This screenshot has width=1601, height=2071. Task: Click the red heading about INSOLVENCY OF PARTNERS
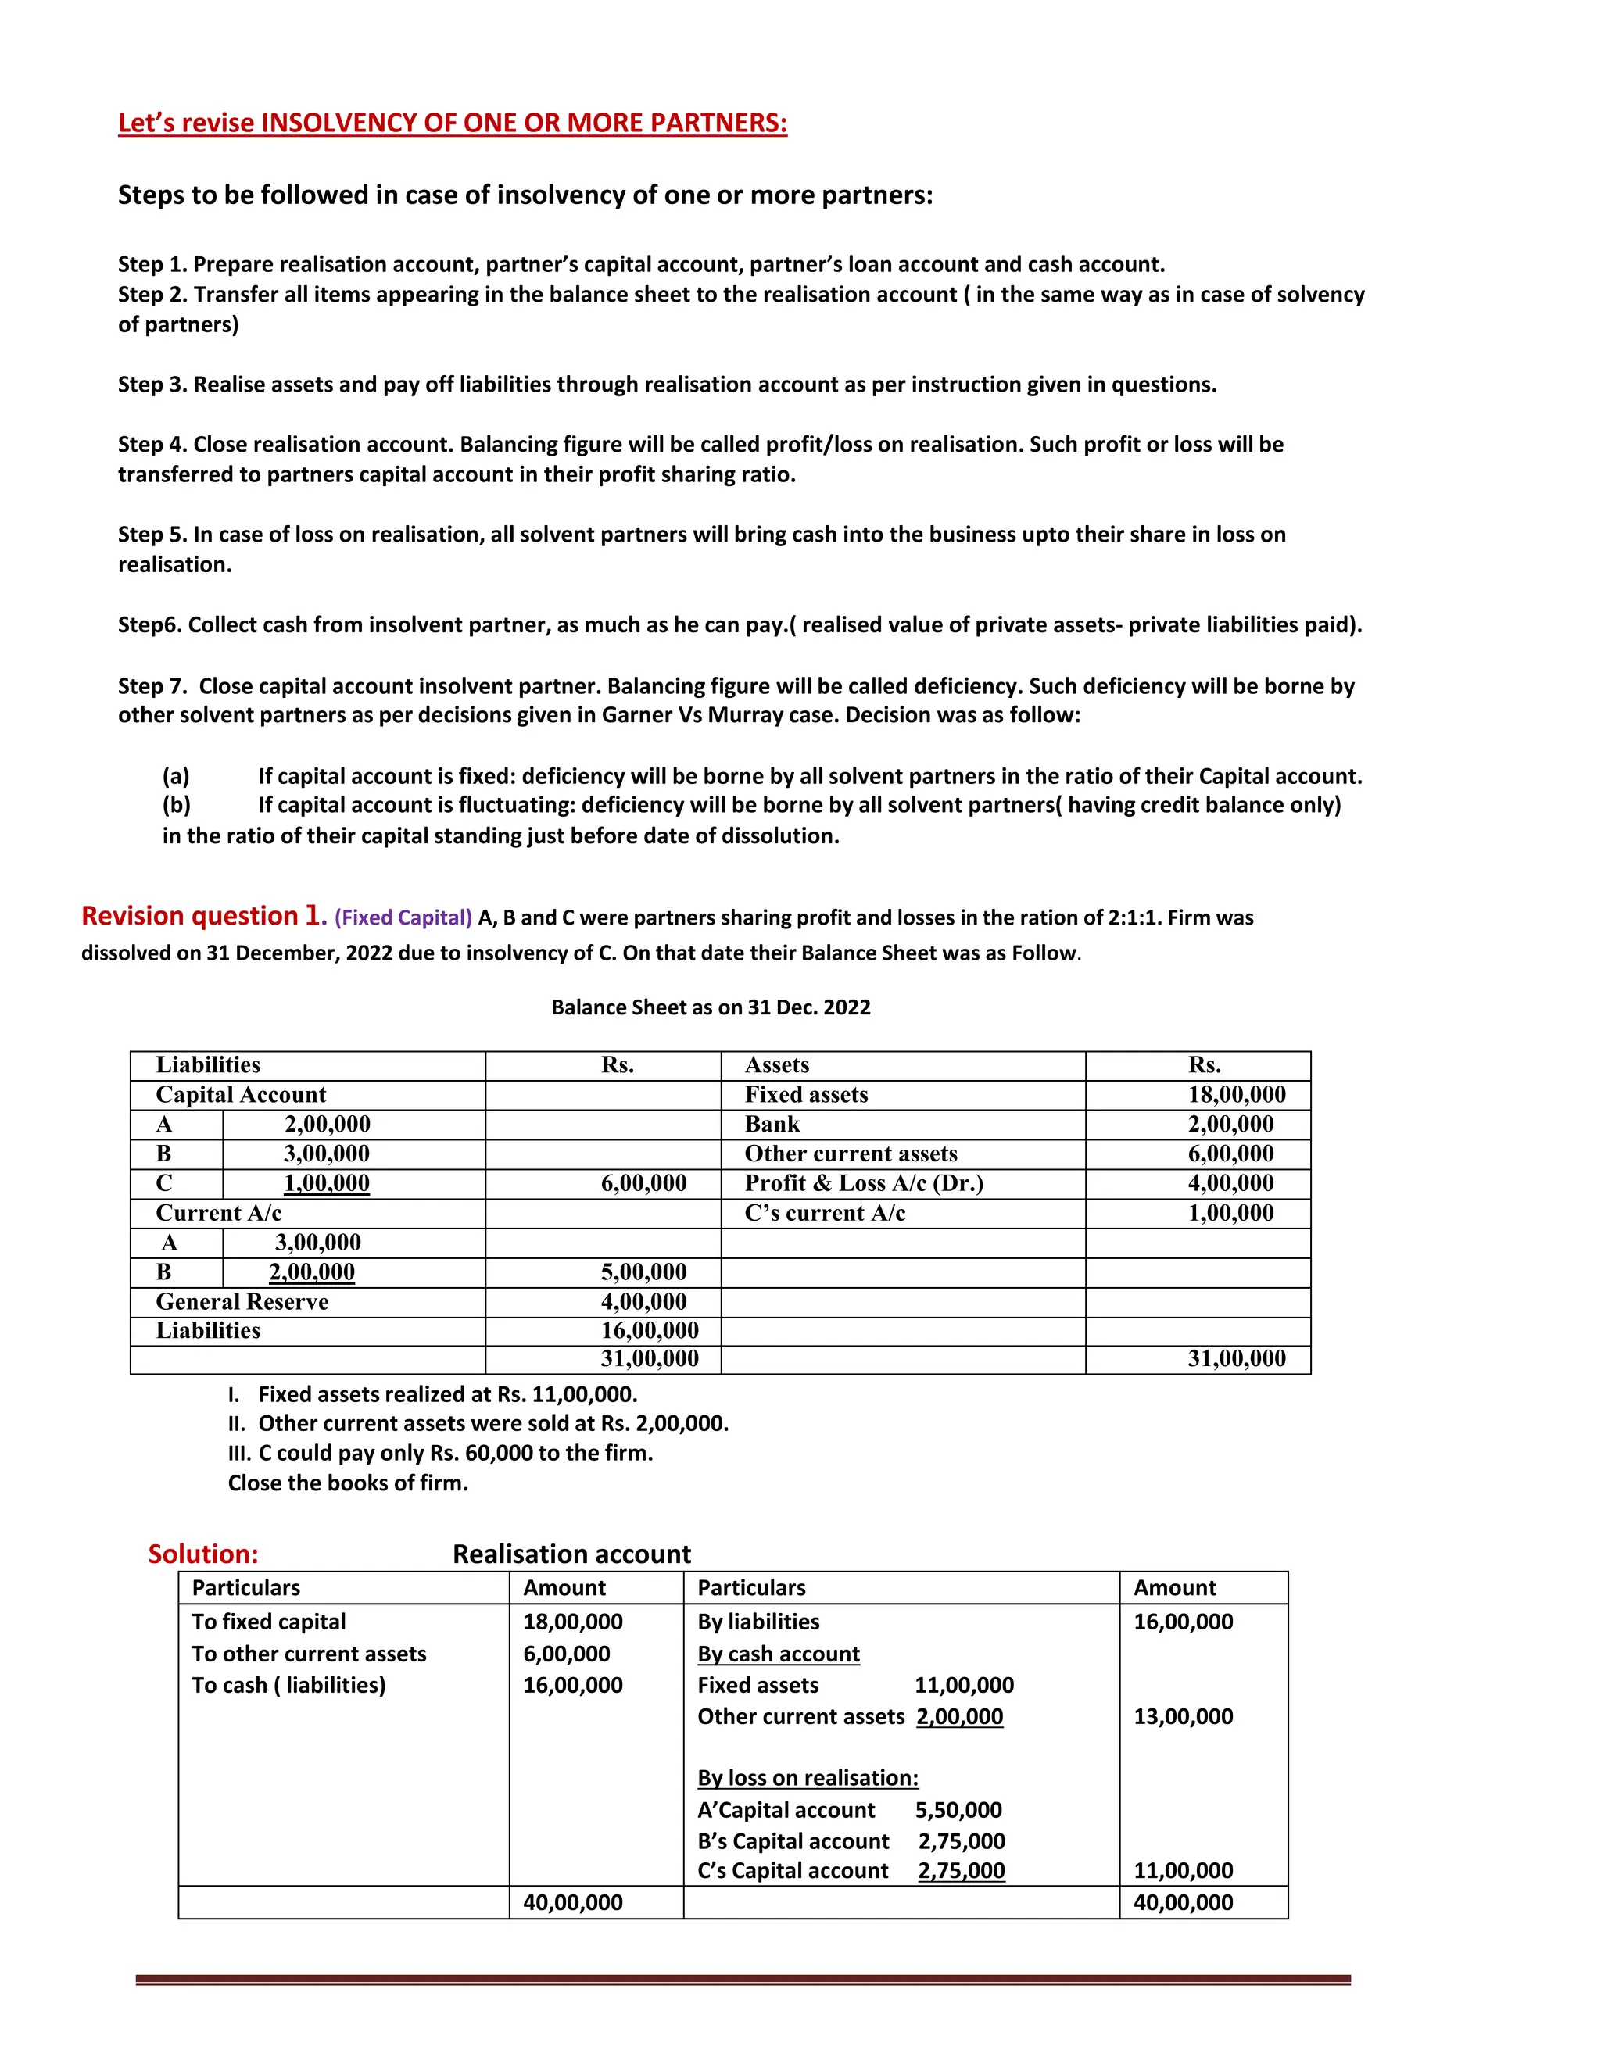453,123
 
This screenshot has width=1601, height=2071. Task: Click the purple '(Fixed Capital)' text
403,918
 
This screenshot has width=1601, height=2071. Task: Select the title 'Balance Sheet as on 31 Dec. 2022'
711,1007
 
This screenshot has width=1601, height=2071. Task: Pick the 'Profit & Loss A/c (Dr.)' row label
863,1183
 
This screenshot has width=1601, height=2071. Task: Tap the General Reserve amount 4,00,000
643,1302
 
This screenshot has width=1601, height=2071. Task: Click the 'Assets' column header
777,1065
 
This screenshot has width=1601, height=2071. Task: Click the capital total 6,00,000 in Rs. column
643,1183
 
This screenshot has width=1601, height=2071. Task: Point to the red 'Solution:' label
203,1554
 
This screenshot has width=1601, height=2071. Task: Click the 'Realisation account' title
572,1554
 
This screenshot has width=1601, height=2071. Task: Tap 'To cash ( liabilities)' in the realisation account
288,1685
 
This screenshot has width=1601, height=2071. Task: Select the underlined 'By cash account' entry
778,1654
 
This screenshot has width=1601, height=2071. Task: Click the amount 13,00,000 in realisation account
1183,1716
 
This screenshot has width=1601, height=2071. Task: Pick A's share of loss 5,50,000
958,1810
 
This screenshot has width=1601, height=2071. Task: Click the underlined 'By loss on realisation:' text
807,1778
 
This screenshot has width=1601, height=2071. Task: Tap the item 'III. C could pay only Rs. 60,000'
441,1453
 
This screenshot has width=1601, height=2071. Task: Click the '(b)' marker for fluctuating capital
177,805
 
